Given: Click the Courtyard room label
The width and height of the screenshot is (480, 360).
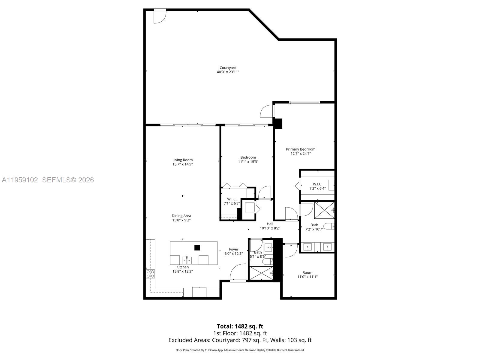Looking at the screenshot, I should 228,68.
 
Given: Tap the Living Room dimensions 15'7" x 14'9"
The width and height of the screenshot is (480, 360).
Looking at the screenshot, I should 182,164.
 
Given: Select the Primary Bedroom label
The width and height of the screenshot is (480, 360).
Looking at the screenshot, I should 301,149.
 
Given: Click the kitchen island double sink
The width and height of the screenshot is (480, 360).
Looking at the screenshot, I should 187,259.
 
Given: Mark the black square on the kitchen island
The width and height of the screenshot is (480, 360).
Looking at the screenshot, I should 197,247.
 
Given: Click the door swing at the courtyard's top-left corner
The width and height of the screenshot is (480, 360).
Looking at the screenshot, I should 159,16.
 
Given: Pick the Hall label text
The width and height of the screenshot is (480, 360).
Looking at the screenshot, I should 270,224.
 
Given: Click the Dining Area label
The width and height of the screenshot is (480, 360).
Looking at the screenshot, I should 181,216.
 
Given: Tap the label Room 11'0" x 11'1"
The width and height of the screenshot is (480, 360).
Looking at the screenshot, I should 307,274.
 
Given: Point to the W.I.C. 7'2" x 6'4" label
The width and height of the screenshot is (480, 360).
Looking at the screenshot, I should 317,186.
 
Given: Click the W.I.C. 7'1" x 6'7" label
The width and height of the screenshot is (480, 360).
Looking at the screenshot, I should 232,201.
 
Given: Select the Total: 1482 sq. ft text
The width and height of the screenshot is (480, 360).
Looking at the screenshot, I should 240,326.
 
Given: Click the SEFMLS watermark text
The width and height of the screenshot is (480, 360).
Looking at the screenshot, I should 68,180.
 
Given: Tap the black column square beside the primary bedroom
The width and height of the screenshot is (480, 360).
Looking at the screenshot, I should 278,124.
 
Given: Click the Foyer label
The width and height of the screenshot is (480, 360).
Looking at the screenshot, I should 234,249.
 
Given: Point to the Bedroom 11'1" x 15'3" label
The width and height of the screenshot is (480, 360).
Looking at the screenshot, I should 248,159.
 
